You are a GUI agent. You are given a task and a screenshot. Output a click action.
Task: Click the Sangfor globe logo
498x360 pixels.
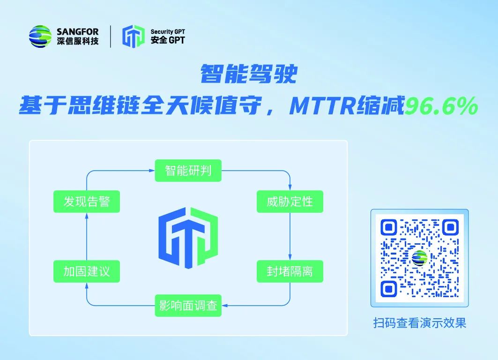point(40,37)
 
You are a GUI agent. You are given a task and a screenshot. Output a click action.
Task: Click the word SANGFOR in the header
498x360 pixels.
point(77,32)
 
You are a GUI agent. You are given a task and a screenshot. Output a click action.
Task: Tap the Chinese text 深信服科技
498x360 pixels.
point(77,41)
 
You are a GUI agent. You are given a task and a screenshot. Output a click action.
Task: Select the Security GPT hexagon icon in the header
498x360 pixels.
point(134,36)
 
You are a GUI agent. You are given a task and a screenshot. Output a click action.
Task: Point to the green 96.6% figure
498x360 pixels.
point(441,105)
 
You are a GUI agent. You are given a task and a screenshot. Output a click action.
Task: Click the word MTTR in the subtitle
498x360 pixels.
point(322,105)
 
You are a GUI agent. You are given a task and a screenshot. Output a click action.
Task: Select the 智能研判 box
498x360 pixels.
point(188,171)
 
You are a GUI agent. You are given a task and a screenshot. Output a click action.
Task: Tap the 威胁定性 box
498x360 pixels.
point(290,202)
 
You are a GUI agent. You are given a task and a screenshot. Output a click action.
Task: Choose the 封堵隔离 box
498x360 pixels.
point(290,271)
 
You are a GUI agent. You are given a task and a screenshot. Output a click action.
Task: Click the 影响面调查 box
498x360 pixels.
point(188,306)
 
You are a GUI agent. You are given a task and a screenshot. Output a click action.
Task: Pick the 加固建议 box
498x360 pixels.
point(86,271)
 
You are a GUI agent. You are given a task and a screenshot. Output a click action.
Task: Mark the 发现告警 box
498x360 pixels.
point(86,202)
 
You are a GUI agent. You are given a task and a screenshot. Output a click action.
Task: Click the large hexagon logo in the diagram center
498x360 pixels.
point(188,238)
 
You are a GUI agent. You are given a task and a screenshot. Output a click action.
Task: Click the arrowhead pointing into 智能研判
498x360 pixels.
point(152,171)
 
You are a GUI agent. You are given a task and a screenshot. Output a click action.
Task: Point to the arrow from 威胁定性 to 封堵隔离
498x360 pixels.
point(290,236)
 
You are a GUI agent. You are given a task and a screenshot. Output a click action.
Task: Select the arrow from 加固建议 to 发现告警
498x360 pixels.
point(86,236)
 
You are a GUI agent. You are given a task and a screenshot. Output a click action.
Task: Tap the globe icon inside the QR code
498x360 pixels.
point(420,258)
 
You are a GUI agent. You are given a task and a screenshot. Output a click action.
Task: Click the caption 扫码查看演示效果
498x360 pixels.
point(420,323)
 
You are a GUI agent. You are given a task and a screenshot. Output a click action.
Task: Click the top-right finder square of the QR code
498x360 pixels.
point(450,227)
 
